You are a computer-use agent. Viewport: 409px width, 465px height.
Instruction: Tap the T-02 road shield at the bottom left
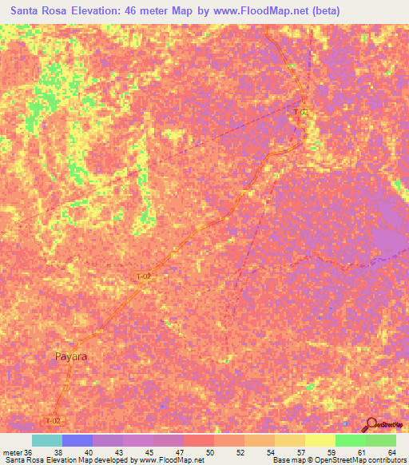coord(53,420)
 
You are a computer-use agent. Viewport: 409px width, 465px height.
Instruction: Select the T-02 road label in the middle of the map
coord(143,276)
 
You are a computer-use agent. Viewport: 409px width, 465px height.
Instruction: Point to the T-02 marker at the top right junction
coord(301,113)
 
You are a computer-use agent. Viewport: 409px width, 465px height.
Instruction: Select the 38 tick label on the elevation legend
coord(58,451)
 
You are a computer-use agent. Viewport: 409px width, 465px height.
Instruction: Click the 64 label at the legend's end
coord(391,451)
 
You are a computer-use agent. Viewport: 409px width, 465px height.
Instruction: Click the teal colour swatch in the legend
coord(47,440)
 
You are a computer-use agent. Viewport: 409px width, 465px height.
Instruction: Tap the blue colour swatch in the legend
coord(77,440)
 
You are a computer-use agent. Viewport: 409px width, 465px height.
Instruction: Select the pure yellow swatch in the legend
coord(320,440)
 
